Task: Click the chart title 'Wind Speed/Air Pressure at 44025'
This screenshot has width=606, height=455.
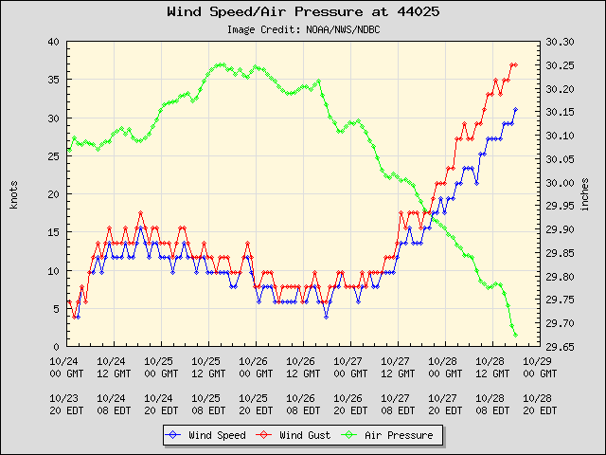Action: [x=302, y=12]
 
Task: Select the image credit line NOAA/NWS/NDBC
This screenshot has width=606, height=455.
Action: [x=304, y=29]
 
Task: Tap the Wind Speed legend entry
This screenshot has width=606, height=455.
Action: [x=205, y=435]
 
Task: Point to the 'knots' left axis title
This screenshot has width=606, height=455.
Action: [x=13, y=193]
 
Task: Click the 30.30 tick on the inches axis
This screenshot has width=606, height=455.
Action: [x=561, y=43]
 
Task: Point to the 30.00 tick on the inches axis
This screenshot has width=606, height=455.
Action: [x=561, y=183]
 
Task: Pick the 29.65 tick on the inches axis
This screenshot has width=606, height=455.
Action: [x=561, y=346]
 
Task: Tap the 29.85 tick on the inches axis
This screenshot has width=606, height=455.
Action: [x=561, y=253]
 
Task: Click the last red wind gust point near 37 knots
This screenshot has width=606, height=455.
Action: [x=515, y=64]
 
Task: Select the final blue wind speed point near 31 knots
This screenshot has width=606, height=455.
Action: [x=515, y=110]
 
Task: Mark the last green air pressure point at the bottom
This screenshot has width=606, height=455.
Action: [x=515, y=335]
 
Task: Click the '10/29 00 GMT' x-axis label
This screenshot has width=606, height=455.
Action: [x=538, y=367]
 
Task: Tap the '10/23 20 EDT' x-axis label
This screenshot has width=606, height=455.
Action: [x=64, y=404]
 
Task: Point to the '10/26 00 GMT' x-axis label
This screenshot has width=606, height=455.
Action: [x=254, y=367]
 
